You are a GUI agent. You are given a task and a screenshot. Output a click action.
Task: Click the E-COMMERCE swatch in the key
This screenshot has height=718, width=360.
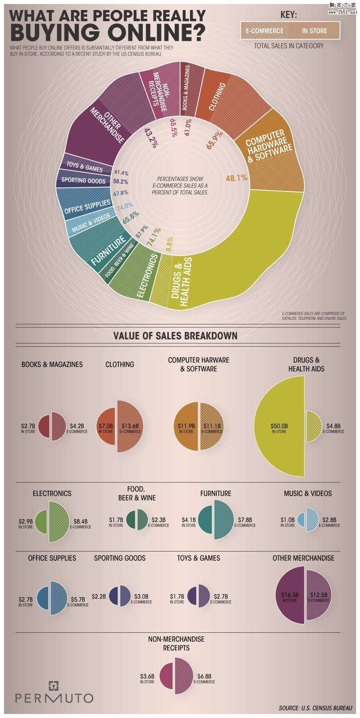pos(264,31)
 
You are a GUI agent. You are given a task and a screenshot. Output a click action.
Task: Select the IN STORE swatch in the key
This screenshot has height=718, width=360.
pos(314,31)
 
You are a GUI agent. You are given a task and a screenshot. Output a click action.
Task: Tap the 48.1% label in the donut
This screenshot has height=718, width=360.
pos(237,178)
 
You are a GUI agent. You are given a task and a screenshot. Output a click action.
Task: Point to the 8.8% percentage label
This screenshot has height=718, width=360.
pos(169,242)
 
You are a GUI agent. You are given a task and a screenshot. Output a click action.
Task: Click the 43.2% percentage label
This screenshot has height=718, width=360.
pos(150,138)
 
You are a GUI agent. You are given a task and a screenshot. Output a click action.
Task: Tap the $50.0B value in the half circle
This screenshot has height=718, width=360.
pos(279,426)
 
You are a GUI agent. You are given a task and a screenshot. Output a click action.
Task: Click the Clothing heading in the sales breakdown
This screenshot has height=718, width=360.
pos(120,364)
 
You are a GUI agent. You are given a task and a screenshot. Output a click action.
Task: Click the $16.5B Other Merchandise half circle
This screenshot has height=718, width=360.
pos(290,597)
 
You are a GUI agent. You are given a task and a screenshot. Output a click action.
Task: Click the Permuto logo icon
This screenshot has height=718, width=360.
pos(54,686)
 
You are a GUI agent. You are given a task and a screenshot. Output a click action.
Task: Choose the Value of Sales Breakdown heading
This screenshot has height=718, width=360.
pos(175,335)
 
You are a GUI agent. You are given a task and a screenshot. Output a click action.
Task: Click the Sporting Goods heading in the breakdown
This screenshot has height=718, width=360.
pos(120,558)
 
